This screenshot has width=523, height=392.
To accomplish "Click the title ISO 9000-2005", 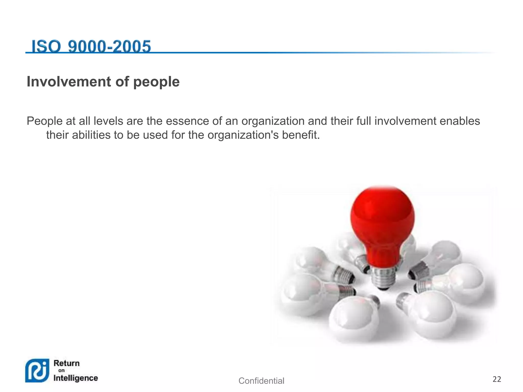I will point(91,46).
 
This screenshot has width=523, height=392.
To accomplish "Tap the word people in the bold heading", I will point(156,82).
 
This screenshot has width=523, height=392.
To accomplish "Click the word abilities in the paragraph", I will point(91,135).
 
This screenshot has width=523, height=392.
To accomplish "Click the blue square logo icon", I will point(37,370).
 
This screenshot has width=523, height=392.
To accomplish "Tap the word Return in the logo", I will point(67,363).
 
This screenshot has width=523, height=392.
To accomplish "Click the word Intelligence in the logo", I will point(76,378).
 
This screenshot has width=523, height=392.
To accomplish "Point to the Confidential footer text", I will point(261,381).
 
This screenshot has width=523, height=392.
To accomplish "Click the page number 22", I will point(497,379).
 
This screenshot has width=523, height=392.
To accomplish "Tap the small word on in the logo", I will point(62,371).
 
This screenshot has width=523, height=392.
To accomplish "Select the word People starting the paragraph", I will point(44,121).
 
